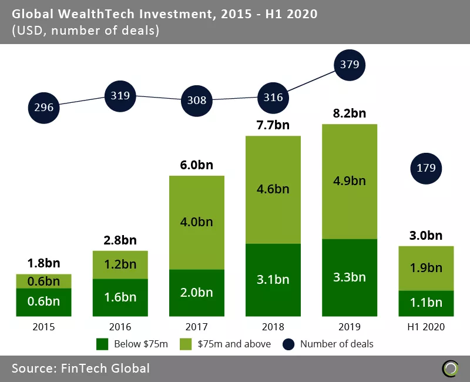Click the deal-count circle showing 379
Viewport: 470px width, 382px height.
coord(350,65)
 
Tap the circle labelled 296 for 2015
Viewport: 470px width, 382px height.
coord(44,108)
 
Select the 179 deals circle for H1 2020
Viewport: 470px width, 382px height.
coord(426,168)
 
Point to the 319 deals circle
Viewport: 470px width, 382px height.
coord(120,95)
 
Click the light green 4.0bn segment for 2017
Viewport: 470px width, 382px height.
coord(197,223)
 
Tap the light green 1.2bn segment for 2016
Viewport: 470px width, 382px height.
coord(120,265)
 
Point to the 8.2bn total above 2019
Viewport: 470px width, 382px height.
coord(350,113)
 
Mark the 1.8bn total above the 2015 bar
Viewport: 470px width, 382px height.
coord(44,263)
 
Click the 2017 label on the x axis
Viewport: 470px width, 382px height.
coord(197,327)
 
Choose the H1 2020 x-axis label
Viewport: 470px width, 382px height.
coord(426,327)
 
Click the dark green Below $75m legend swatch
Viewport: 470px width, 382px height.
coord(102,344)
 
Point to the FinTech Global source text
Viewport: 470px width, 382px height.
coord(80,368)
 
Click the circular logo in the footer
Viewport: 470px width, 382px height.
coord(451,368)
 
